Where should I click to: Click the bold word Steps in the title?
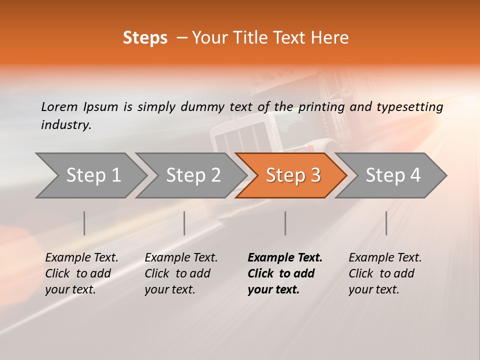(145, 38)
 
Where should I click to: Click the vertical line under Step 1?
(84, 223)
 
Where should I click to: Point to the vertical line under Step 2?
(184, 223)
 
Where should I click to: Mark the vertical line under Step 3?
(285, 223)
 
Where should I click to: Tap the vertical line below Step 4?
(386, 223)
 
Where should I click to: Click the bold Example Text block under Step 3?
(284, 273)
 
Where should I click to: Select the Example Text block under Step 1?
(81, 273)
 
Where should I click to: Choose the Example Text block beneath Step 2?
(181, 273)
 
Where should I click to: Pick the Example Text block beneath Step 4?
(385, 273)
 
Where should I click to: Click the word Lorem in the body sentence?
(59, 106)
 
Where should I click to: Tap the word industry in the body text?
(66, 124)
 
